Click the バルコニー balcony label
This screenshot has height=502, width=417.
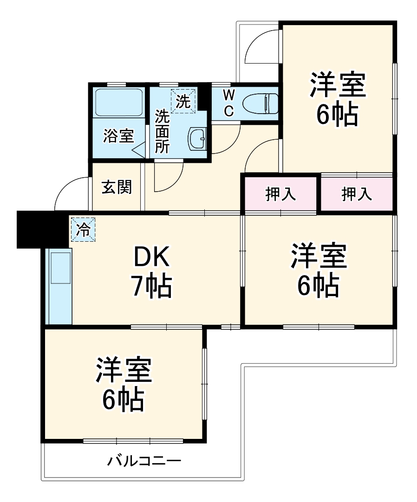[144, 461]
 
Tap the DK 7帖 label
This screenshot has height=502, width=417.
[152, 274]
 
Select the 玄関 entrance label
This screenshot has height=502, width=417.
[117, 187]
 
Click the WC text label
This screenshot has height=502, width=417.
[228, 103]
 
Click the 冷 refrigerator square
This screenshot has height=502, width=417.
[83, 230]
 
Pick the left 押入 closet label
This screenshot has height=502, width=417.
[280, 194]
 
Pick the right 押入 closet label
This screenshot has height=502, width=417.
[357, 194]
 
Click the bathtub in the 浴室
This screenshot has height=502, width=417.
[118, 103]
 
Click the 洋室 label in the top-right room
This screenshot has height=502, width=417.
[338, 84]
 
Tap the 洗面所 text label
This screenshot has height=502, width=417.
[162, 131]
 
